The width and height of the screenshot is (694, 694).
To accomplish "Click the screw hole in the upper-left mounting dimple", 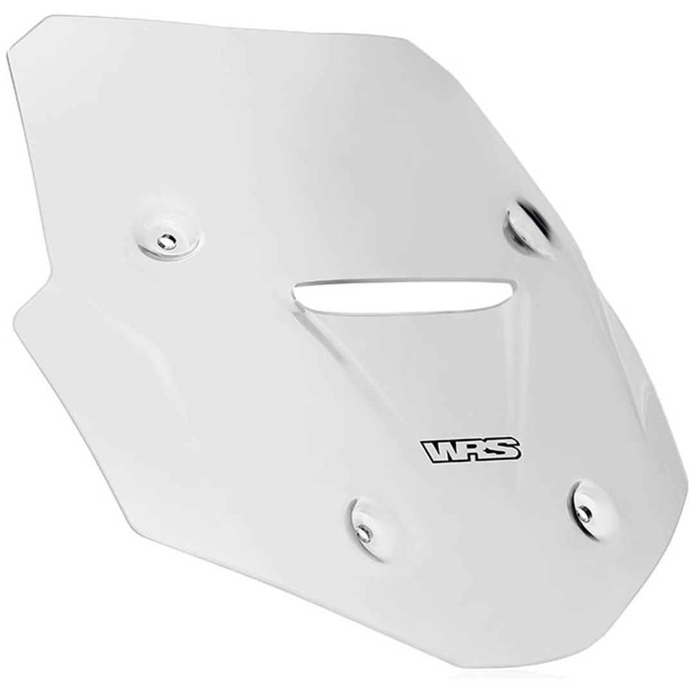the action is [167, 241].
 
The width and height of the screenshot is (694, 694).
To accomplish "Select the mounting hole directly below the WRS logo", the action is [363, 532].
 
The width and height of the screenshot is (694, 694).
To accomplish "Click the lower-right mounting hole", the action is [583, 513].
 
